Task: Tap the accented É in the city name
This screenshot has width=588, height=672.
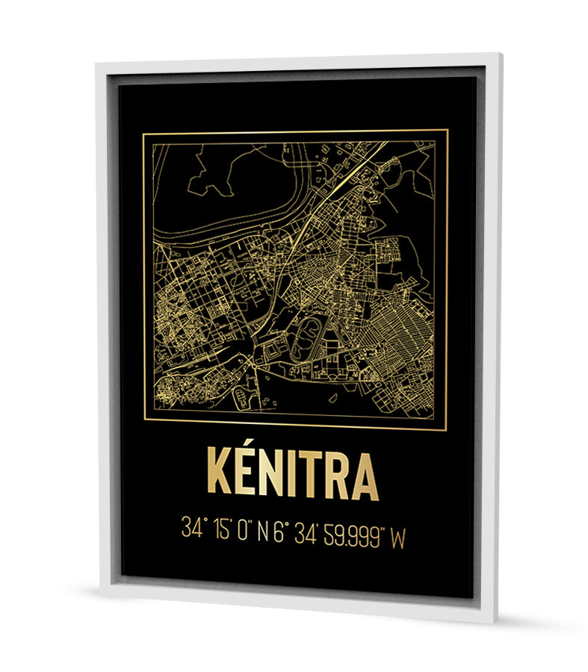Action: coord(252,476)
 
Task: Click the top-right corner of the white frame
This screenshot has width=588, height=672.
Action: coord(498,55)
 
